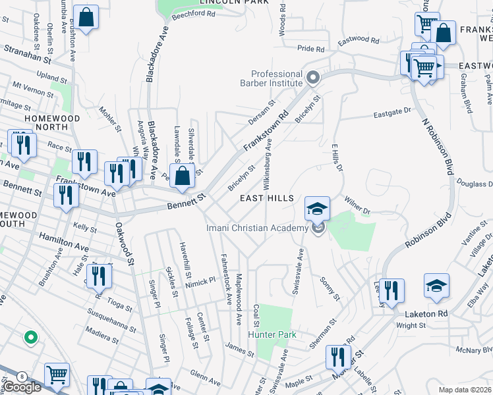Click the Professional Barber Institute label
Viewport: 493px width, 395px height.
276,78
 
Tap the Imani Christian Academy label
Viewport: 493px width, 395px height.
257,228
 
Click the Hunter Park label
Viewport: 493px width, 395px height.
272,334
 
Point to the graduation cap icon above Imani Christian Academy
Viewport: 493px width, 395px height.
317,209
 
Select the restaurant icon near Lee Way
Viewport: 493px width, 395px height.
391,290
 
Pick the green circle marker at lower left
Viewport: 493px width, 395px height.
30,338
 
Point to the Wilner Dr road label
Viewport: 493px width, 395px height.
357,205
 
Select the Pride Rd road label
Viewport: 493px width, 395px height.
310,49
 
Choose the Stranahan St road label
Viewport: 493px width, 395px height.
27,53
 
